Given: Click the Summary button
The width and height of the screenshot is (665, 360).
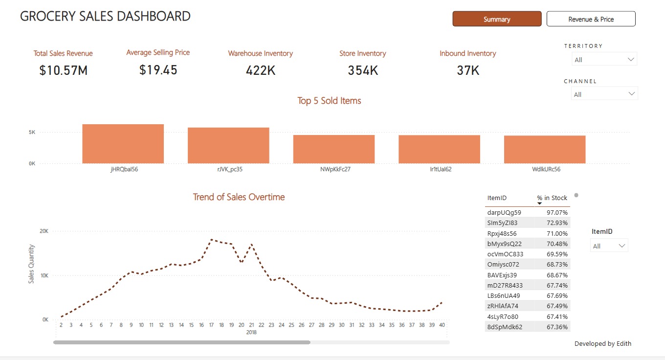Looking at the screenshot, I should coord(497,19).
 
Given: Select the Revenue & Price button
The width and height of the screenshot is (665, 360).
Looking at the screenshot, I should coord(591,19).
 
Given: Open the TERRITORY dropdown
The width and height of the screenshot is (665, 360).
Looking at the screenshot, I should coord(604,60).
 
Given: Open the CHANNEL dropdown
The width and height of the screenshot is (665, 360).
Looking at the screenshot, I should coord(604,94).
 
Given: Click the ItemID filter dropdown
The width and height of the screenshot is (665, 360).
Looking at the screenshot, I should coord(609,246).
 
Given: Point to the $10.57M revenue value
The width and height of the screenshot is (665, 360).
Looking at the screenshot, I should coord(63,70).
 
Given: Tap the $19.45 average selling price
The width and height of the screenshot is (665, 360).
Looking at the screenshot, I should coord(158,70).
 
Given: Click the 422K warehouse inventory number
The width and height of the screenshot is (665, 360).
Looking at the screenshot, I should coord(260,70).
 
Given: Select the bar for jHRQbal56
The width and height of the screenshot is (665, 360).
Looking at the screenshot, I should coord(123,144).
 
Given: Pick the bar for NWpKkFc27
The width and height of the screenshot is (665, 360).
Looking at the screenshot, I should coord(333,149).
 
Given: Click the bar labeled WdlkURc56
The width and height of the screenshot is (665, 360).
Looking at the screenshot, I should coord(544,149).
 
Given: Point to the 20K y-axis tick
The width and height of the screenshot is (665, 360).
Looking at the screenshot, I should coord(44,231).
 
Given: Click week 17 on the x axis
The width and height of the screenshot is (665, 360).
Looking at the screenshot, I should coord(211,325).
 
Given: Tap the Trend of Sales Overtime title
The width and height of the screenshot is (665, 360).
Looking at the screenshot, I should coord(239,197).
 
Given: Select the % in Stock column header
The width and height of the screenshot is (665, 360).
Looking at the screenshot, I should coord(552,198).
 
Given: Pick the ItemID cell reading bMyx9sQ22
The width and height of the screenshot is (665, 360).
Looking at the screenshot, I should coord(504,244).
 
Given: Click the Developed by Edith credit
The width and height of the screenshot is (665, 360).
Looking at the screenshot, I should coord(602,343).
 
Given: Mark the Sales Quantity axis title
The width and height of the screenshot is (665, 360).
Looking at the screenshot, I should coord(31,264).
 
